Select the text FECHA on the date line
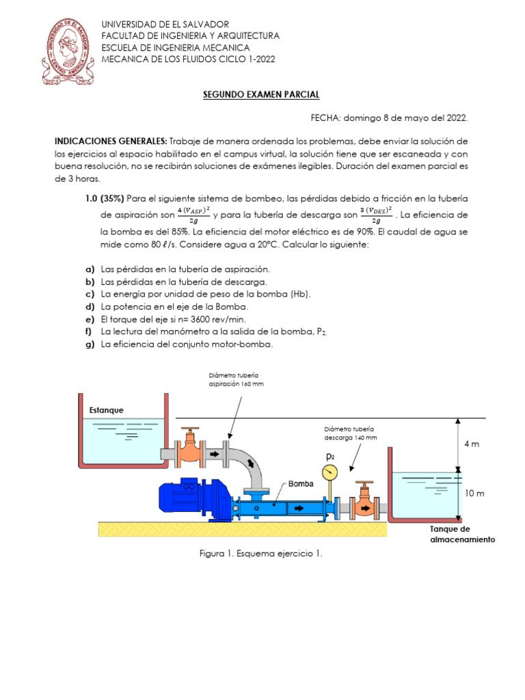click(x=326, y=118)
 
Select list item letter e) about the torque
click(x=89, y=319)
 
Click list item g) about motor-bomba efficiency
click(x=89, y=345)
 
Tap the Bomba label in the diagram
click(x=300, y=483)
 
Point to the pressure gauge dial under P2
click(x=330, y=472)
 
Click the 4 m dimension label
click(x=472, y=444)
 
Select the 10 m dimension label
click(x=474, y=494)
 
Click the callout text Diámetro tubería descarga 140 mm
click(x=351, y=433)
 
